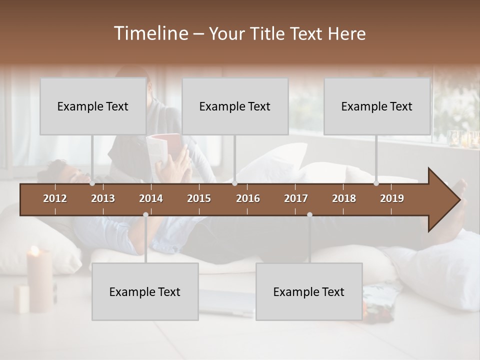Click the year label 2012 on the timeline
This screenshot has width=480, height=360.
coord(55,198)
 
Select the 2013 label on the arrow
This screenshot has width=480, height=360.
coord(103,198)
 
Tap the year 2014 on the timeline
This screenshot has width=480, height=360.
coord(151,198)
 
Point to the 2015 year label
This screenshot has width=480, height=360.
coord(199,198)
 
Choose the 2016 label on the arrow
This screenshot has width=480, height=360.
coord(248,198)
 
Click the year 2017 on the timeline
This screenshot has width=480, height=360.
coord(296,198)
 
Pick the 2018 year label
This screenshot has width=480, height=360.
coord(344,198)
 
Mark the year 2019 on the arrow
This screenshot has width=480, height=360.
coord(392,198)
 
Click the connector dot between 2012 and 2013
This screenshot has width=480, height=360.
coord(92,183)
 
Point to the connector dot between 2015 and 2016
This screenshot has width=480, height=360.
coord(235,183)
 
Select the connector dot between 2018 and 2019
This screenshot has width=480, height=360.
coord(376,183)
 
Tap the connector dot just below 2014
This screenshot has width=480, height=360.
coord(145,214)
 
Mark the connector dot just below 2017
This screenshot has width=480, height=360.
coord(309,214)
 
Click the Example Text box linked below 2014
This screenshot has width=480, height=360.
coord(145,291)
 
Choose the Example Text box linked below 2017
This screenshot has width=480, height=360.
coord(309,291)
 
